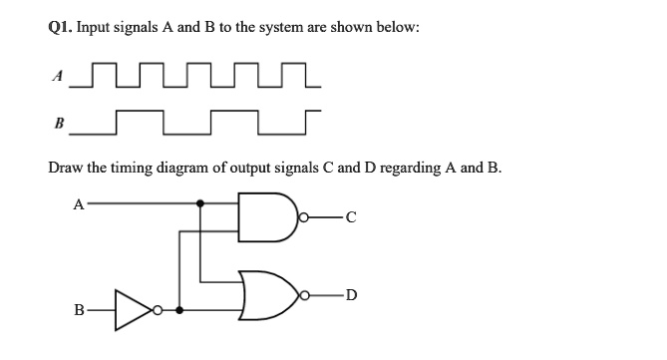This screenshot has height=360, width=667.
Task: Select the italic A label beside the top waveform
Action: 59,74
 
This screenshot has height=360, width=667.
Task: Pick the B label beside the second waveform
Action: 59,126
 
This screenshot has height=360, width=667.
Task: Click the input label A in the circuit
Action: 79,204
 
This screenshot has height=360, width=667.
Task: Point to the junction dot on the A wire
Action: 202,204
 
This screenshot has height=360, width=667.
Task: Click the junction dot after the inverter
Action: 179,309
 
